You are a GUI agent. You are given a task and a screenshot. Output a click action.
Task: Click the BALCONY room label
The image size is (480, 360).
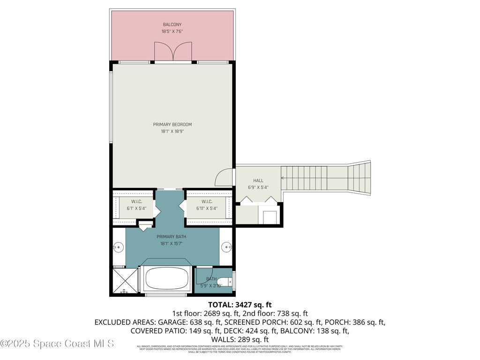coord(172,24)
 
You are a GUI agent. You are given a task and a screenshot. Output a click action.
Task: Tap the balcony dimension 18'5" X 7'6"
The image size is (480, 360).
coord(172,31)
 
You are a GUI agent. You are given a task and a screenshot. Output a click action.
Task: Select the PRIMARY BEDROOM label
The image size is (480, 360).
coord(172,124)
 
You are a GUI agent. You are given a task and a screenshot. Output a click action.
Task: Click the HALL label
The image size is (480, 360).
coord(258,180)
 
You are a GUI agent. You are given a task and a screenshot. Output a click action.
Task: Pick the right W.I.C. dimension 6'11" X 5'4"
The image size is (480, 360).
coord(207,208)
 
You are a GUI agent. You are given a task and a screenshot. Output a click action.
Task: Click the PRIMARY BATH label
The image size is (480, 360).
coord(172,237)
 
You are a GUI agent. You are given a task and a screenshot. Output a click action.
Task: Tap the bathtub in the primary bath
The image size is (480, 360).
coord(167,278)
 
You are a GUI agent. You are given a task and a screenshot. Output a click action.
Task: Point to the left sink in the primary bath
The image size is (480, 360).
coord(118,246)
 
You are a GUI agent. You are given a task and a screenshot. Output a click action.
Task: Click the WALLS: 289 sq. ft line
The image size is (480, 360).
coord(240,339)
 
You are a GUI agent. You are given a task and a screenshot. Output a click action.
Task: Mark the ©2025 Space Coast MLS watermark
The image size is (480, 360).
coord(57,344)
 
